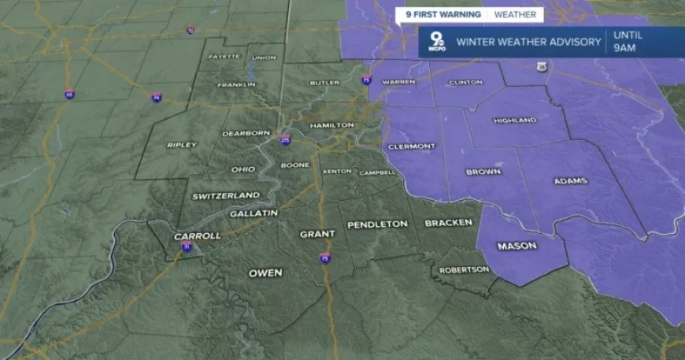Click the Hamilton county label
coord(326,126)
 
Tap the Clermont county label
coord(410,147)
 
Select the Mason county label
coord(517,247)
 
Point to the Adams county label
coord(570,181)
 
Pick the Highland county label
coord(514,121)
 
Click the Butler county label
coord(324,82)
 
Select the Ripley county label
coord(182,145)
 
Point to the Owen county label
coord(265,273)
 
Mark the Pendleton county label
coord(378,225)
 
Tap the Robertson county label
coord(465,269)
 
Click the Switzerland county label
coord(226,195)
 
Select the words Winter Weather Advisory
coord(528,42)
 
